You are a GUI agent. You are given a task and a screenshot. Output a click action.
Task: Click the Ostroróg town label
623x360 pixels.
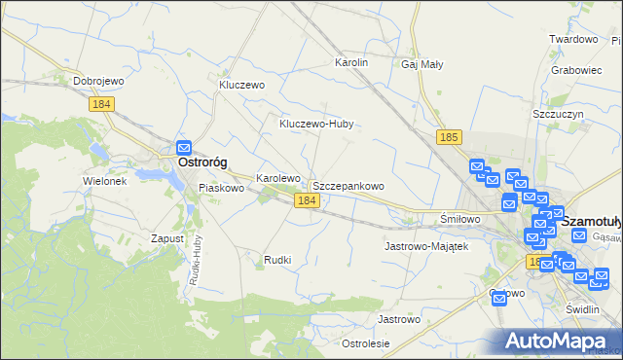click(x=202, y=164)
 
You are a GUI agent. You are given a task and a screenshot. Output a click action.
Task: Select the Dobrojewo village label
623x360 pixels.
click(x=103, y=82)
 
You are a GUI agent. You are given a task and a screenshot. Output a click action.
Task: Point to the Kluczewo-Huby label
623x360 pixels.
click(x=316, y=125)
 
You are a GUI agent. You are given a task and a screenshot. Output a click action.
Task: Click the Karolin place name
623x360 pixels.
click(x=351, y=62)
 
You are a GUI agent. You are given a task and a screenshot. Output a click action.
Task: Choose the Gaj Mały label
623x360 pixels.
click(x=422, y=65)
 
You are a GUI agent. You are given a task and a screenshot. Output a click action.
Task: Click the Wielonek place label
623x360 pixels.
click(x=105, y=181)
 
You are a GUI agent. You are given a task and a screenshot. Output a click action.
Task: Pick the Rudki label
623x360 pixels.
click(x=278, y=260)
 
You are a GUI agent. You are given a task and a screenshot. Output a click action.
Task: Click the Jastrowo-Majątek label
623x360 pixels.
click(x=427, y=246)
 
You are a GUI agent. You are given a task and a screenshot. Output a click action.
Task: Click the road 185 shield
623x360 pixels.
click(x=448, y=138)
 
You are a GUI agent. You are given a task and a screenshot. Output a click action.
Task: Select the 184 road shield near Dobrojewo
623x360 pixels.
click(x=100, y=103)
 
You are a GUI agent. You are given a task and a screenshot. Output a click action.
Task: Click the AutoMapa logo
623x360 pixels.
click(x=559, y=341)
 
